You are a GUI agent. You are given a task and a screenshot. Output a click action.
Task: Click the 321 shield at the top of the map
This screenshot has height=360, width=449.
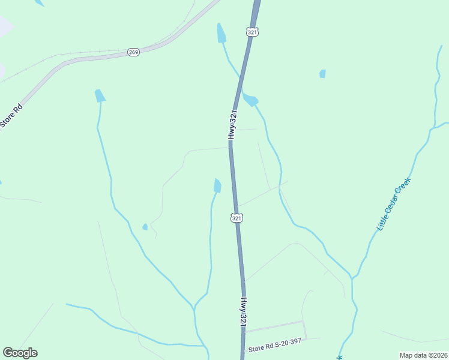tap(253, 31)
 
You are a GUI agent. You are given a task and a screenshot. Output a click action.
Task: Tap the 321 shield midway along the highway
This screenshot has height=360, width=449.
tap(237, 218)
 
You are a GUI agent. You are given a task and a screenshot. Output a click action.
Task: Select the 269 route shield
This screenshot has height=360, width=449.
tap(133, 52)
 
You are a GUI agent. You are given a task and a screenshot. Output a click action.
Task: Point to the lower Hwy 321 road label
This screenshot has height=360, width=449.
tap(244, 311)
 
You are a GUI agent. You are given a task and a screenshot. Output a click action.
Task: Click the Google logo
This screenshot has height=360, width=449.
tap(20, 353)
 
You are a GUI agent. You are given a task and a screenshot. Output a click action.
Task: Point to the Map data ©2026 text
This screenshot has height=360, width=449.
tap(423, 355)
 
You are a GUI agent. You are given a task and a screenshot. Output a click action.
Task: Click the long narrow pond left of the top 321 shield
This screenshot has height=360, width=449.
tap(221, 34)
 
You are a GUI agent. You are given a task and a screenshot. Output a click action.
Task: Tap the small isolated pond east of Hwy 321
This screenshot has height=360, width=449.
tap(323, 74)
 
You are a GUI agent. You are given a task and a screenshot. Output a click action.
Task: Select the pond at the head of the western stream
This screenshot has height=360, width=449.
tap(100, 95)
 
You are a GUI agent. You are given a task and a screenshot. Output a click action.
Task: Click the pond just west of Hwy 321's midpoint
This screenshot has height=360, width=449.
tap(217, 186)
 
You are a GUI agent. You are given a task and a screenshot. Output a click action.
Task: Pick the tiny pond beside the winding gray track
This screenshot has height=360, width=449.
tap(145, 227)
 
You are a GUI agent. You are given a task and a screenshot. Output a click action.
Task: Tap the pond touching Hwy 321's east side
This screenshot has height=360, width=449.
tap(250, 100)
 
